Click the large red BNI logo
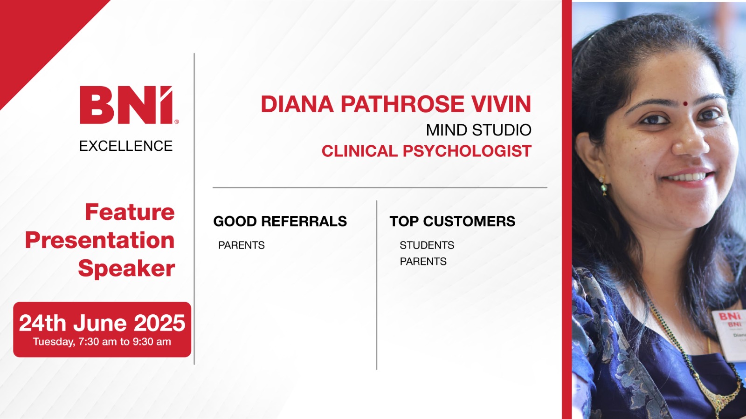coord(126,105)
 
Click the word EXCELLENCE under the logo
coord(126,146)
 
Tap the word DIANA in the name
coord(297,104)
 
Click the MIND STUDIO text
coord(478,130)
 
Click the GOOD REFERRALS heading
coord(280,221)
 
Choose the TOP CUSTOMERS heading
coord(452,221)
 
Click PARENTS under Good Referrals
coord(242,245)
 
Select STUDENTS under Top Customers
coord(427,245)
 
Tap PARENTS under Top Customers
coord(423,261)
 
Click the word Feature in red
coord(130,212)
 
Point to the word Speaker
coord(126,268)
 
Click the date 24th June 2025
coord(102,323)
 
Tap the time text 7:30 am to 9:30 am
coord(124,342)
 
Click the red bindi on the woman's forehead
coord(685,104)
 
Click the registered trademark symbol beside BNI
coord(177,122)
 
